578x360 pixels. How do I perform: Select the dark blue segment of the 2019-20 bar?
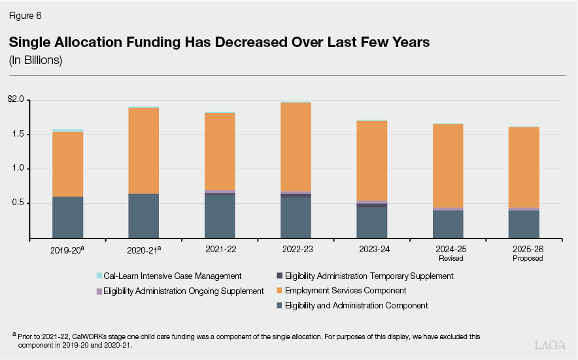pyautogui.click(x=67, y=217)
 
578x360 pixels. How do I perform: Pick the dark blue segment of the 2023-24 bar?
pyautogui.click(x=371, y=222)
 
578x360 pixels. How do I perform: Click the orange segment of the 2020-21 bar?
pyautogui.click(x=143, y=150)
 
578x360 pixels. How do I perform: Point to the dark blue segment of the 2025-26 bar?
pyautogui.click(x=524, y=224)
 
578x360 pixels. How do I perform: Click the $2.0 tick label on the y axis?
pyautogui.click(x=16, y=100)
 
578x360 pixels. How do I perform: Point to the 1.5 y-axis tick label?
pyautogui.click(x=18, y=134)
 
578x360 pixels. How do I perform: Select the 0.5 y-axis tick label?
pyautogui.click(x=18, y=203)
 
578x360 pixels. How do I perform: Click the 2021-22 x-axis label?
pyautogui.click(x=219, y=250)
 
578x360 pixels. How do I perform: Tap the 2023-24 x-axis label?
pyautogui.click(x=371, y=250)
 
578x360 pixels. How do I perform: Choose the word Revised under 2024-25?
pyautogui.click(x=448, y=258)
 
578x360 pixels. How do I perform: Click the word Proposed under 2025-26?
pyautogui.click(x=524, y=258)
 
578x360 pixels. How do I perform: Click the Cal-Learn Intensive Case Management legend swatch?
pyautogui.click(x=99, y=276)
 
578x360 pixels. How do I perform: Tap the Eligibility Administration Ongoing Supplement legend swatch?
pyautogui.click(x=99, y=291)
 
